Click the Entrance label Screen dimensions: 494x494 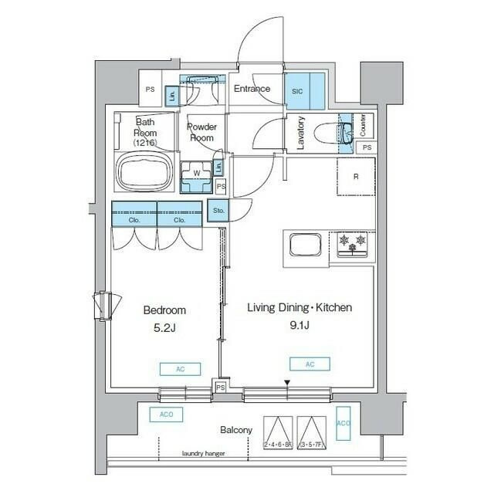tap(252, 89)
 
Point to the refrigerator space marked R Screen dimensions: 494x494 tap(356, 177)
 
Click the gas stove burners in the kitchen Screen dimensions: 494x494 tap(352, 244)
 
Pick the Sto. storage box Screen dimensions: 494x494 tap(218, 209)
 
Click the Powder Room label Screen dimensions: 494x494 tap(202, 132)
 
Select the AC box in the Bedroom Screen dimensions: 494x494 tap(180, 369)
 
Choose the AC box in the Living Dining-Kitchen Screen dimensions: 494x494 tap(310, 364)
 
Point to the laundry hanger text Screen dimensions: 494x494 tap(204, 454)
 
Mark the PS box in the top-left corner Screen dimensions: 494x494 tap(149, 90)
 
